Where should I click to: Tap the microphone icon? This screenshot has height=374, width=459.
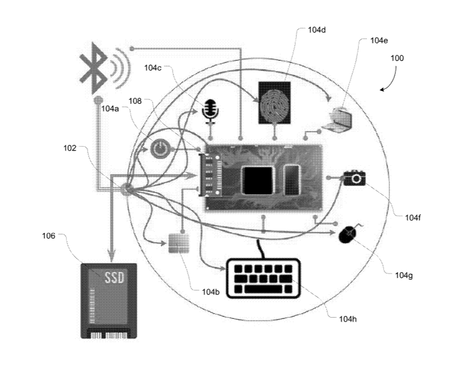[210, 110]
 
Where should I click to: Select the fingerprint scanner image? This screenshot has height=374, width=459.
[274, 102]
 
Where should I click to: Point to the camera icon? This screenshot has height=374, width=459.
[354, 178]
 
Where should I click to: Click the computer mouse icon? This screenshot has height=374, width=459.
[348, 234]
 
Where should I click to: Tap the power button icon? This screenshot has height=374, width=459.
[160, 149]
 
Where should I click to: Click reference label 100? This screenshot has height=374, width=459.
[397, 58]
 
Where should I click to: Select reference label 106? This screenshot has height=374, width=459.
[49, 236]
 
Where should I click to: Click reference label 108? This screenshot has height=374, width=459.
[136, 101]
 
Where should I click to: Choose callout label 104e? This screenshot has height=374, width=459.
[378, 40]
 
